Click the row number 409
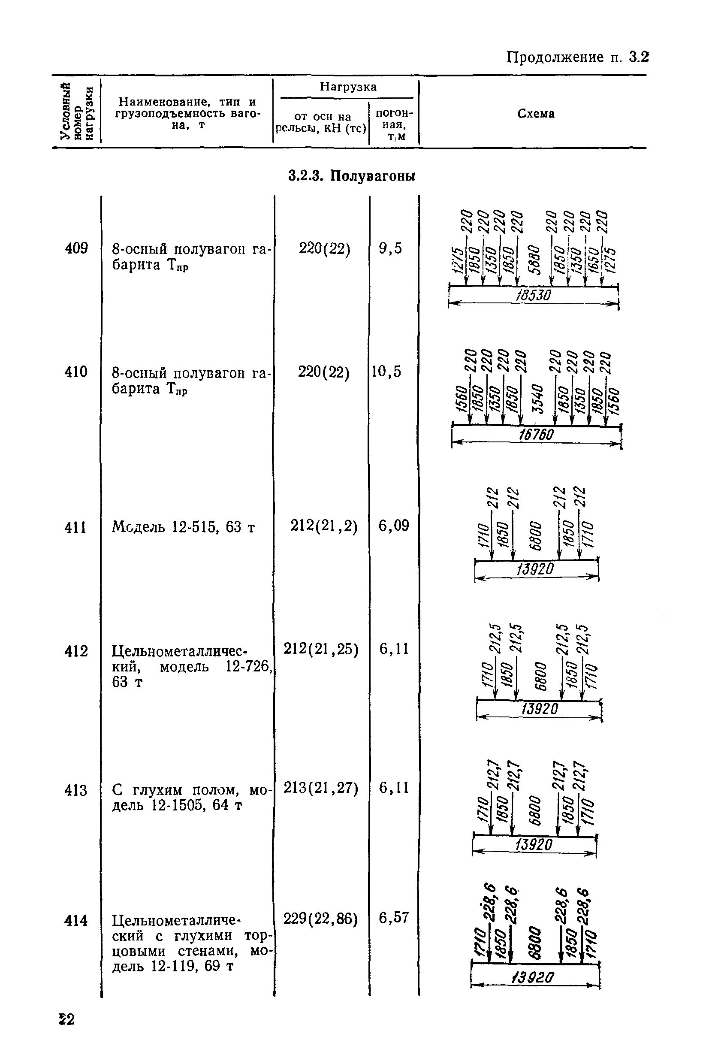[x=76, y=248]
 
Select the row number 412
[x=76, y=652]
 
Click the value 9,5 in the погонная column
[x=391, y=248]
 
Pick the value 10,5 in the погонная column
[x=386, y=372]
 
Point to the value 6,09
[x=394, y=526]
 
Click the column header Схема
[x=536, y=114]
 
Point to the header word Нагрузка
[x=348, y=87]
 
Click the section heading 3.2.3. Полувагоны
[x=352, y=175]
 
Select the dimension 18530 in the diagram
[x=534, y=296]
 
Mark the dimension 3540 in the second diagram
[x=537, y=399]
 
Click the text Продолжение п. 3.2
[x=577, y=57]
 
